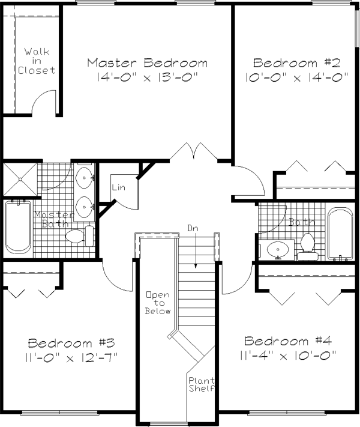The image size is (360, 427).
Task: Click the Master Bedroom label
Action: coord(147,63)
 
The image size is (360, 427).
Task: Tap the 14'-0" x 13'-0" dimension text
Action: coord(146,77)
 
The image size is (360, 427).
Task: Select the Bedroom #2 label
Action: coord(297,63)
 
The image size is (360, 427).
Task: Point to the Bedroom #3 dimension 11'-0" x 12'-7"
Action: coord(71,357)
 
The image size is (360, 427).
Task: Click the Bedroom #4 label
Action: coord(288,341)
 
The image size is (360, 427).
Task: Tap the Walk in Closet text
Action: coord(37,61)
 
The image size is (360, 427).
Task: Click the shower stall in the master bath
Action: coord(20,179)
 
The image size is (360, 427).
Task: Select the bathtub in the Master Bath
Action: coord(18,227)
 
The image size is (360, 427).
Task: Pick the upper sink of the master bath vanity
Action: coord(85,178)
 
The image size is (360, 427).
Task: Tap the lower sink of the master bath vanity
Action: coord(85,207)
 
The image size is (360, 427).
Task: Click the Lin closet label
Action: coord(119,187)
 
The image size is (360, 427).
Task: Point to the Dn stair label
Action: coord(193,228)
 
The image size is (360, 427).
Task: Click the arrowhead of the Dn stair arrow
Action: coord(196,266)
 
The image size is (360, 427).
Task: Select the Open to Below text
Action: coord(158,303)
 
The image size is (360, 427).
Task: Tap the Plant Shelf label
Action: coord(202,384)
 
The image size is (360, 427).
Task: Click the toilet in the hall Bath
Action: coord(308,247)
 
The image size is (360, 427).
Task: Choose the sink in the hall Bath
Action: coord(278,249)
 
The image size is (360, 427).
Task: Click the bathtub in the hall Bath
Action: coord(340,234)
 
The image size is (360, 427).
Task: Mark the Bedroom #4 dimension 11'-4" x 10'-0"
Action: coord(288,355)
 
